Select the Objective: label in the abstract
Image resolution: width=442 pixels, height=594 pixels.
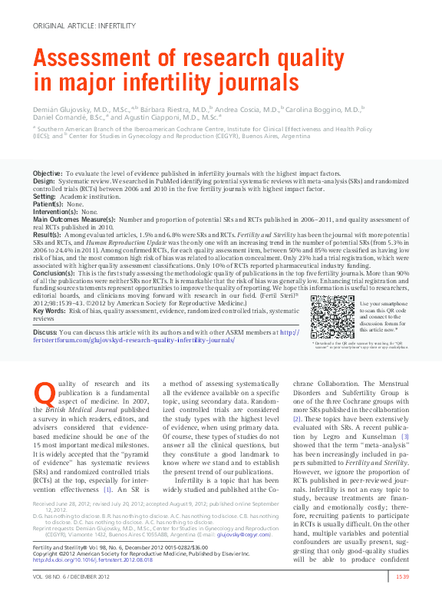48,175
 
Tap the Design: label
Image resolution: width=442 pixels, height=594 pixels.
45,182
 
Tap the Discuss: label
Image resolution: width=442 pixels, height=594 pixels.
46,332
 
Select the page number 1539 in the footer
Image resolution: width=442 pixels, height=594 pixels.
401,576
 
